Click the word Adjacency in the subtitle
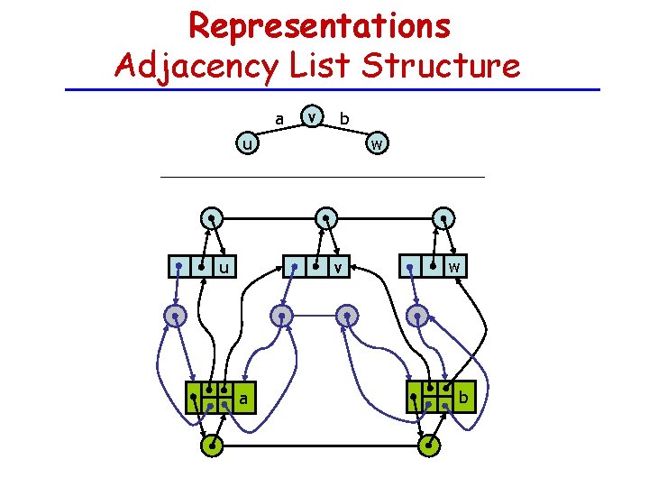(215, 66)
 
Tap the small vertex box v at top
(312, 115)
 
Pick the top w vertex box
(377, 143)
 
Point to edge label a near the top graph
(279, 118)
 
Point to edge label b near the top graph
(344, 118)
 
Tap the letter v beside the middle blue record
(337, 267)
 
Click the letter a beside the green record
(243, 398)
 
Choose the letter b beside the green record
(463, 398)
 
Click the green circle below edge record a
(213, 446)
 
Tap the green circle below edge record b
(431, 446)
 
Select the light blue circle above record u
(211, 218)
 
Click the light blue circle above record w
(443, 218)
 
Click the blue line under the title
(334, 89)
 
